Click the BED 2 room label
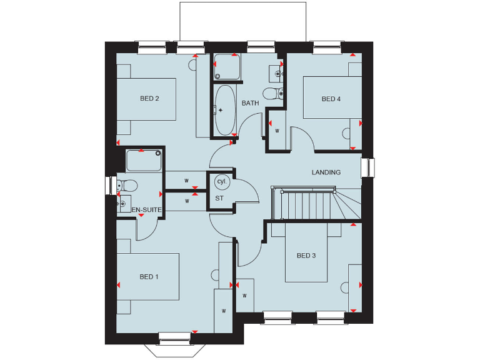click(149, 98)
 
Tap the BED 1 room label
click(149, 277)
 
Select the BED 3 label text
click(306, 256)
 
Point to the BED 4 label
click(331, 99)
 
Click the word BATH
click(251, 103)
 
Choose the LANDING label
click(326, 172)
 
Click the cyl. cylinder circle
click(221, 181)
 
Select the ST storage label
click(219, 198)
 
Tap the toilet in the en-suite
click(127, 186)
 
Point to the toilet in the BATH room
click(273, 94)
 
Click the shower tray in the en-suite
click(144, 161)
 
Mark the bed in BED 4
click(332, 97)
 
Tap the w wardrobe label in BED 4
click(277, 131)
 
